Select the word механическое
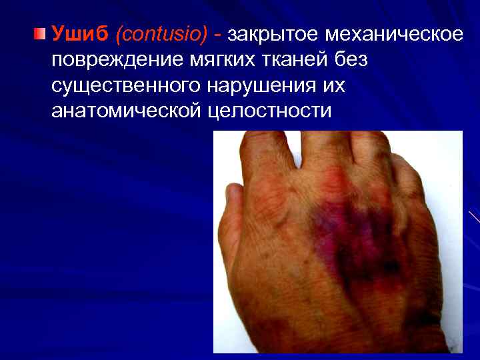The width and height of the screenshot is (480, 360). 397,33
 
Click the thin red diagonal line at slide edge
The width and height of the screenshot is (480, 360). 474,217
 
